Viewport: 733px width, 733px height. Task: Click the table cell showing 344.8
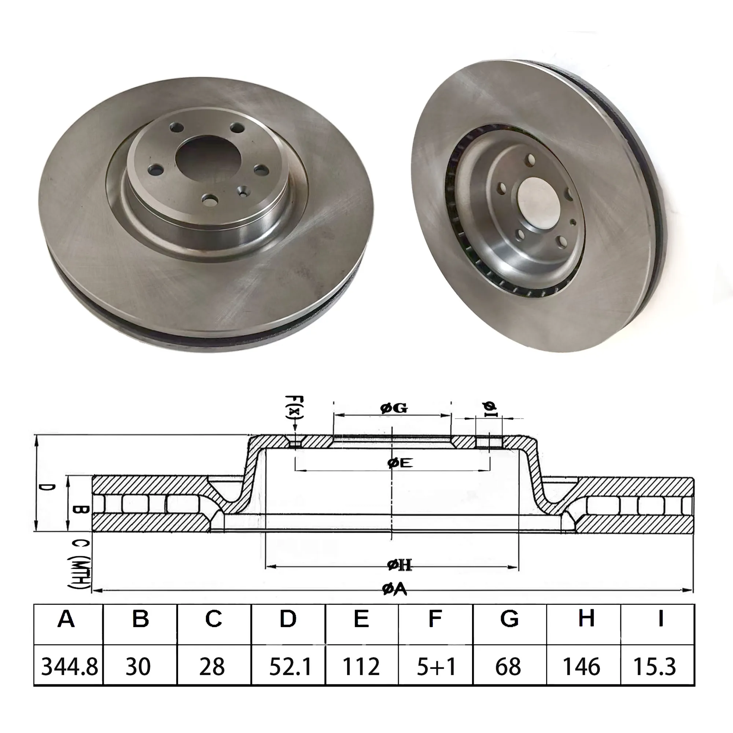[69, 667]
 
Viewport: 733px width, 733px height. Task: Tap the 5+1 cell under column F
[436, 667]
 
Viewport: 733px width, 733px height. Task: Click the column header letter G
[509, 619]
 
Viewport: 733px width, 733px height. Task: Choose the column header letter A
[66, 619]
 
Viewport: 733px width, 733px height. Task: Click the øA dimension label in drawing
[394, 589]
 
